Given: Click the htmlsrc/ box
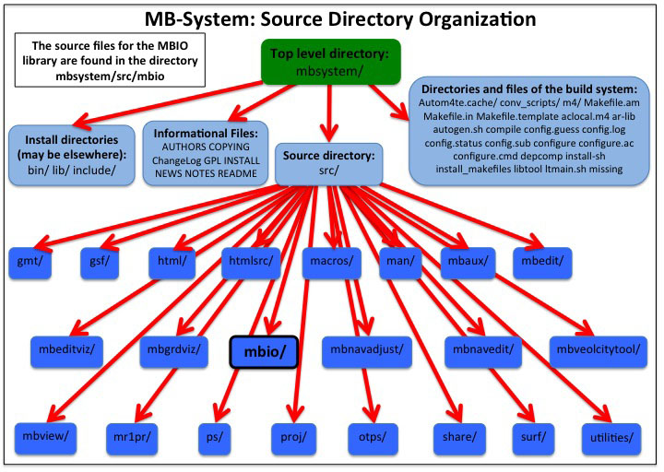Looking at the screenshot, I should pyautogui.click(x=247, y=261).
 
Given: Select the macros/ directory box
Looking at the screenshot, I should pyautogui.click(x=329, y=261).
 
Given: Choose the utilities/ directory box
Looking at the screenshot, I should pyautogui.click(x=608, y=434).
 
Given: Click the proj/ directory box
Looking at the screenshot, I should pyautogui.click(x=294, y=434).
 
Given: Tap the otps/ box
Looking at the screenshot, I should pyautogui.click(x=372, y=434).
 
